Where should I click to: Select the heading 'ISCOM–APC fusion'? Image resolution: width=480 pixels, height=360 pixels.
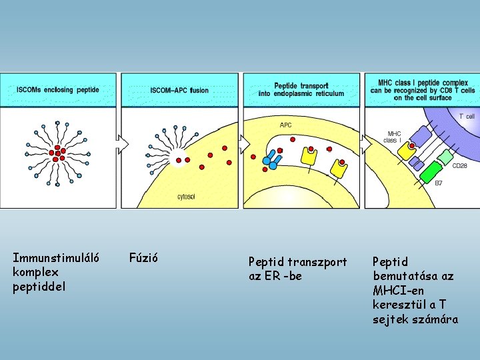pyautogui.click(x=179, y=90)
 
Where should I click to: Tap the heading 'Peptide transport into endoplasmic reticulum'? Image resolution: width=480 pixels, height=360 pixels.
pyautogui.click(x=301, y=89)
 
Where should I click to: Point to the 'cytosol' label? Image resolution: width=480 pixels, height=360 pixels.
pyautogui.click(x=187, y=197)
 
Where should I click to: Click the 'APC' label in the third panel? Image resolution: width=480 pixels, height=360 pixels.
pyautogui.click(x=285, y=125)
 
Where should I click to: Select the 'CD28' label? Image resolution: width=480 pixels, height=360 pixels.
pyautogui.click(x=460, y=166)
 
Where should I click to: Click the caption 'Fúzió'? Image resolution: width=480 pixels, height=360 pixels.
pyautogui.click(x=142, y=257)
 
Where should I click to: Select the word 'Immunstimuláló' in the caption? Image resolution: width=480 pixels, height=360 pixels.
pyautogui.click(x=56, y=257)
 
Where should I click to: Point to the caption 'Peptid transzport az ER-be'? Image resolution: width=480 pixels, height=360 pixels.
pyautogui.click(x=297, y=269)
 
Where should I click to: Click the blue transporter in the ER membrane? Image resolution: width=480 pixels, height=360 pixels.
pyautogui.click(x=271, y=159)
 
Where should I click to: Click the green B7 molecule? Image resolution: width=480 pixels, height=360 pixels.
pyautogui.click(x=428, y=169)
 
